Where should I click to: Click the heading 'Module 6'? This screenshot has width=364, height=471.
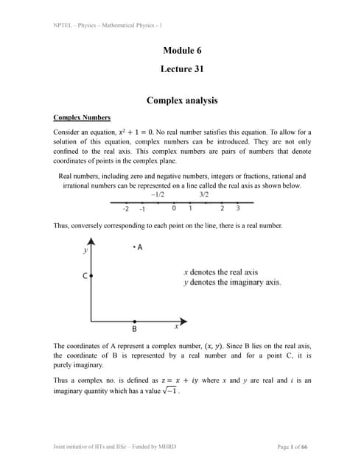[181, 51]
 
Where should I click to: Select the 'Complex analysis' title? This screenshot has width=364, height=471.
[181, 100]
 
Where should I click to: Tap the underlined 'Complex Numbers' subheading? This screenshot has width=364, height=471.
[83, 118]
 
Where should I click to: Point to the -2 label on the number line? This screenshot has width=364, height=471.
[126, 209]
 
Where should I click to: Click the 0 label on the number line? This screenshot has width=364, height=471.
[173, 209]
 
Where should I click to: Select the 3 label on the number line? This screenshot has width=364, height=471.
[238, 209]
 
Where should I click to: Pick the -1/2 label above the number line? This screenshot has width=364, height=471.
[157, 195]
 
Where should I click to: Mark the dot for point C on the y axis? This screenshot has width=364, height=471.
[91, 275]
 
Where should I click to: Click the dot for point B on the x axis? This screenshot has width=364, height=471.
[134, 322]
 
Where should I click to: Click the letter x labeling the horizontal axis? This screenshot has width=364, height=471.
[176, 326]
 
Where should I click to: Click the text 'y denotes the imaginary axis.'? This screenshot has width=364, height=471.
[231, 283]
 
